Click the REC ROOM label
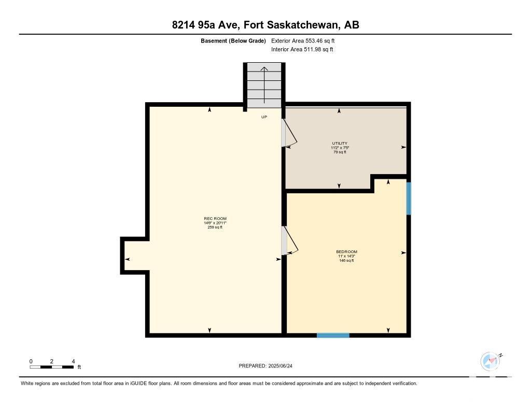point(215,219)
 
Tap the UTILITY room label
point(340,143)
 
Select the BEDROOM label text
point(346,251)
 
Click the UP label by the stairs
point(264,117)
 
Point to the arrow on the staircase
point(264,85)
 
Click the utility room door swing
point(290,134)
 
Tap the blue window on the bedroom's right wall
point(409,199)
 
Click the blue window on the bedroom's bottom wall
point(333,335)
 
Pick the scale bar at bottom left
point(52,367)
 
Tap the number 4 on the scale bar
point(73,361)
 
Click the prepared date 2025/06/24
point(280,365)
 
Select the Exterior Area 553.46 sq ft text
point(303,40)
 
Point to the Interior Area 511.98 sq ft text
point(302,49)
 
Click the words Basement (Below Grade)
point(233,40)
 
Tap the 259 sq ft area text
point(215,228)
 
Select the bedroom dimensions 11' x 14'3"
point(346,256)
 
